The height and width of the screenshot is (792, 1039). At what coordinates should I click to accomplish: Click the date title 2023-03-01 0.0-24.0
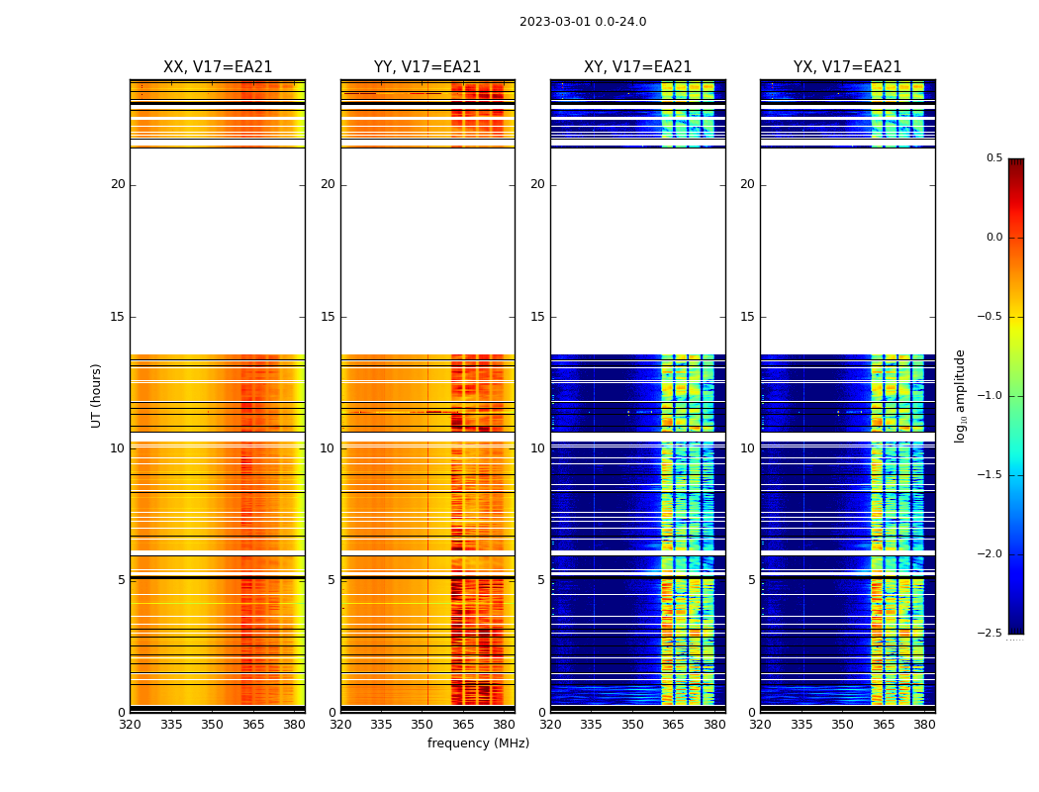coord(583,22)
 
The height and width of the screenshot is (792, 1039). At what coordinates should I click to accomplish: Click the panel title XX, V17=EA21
coord(218,67)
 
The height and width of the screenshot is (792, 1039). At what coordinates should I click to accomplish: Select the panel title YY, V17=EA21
coord(427,67)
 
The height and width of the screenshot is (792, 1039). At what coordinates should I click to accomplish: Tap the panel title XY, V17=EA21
coord(637,67)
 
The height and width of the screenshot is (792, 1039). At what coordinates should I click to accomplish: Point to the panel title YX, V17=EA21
coord(847,67)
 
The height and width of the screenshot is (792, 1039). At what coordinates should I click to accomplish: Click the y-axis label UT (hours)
coord(97,395)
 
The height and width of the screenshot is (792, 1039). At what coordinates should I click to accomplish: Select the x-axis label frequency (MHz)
coord(478,743)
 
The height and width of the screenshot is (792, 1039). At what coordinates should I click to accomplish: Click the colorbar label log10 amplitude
coord(960,395)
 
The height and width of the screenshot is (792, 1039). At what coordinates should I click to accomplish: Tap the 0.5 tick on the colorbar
coord(993,158)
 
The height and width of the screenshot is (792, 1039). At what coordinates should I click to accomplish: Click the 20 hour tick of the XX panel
coord(118,184)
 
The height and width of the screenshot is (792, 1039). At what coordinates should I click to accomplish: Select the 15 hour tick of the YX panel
coord(748,317)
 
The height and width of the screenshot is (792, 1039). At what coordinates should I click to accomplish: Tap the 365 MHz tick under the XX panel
coord(253,724)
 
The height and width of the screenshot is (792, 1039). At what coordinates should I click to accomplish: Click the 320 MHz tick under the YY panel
coord(340,724)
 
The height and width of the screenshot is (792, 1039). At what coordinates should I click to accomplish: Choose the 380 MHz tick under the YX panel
coord(924,724)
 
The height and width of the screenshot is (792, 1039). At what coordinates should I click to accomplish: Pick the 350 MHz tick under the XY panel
coord(632,724)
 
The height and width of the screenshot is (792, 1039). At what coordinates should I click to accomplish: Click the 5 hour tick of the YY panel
coord(331,580)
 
